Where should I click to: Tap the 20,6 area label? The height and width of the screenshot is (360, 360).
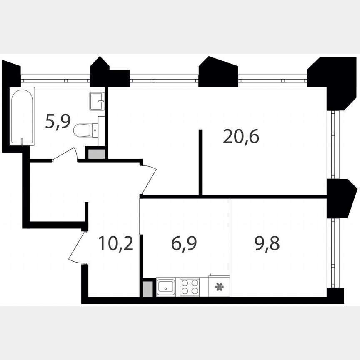[x=241, y=136]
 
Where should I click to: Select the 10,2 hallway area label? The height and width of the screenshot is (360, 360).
[x=116, y=243]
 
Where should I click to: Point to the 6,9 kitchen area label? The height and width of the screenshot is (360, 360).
[x=184, y=243]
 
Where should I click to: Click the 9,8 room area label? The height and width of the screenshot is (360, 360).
[x=267, y=243]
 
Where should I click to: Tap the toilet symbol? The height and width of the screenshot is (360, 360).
[x=85, y=130]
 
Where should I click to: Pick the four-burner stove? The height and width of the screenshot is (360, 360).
[x=190, y=287]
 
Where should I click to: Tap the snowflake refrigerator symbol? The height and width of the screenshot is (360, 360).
[x=219, y=287]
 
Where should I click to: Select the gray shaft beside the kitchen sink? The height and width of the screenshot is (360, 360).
[x=147, y=289]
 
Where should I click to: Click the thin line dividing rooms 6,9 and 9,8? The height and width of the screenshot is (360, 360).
[x=230, y=246]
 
